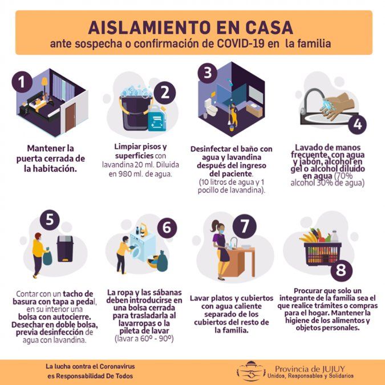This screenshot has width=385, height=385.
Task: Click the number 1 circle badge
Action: [x=22, y=82]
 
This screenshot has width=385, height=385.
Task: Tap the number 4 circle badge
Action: [x=357, y=124]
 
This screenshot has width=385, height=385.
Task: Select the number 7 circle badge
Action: [x=245, y=226]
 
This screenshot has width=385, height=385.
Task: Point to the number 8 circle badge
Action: [x=341, y=270]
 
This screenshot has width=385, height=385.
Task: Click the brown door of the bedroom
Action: [x=70, y=117]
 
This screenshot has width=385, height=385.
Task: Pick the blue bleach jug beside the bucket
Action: [x=157, y=118]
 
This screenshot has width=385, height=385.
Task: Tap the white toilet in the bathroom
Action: [x=211, y=107]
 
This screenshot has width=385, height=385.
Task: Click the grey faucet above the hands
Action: [x=311, y=100]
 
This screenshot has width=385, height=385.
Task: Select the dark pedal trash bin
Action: [x=65, y=249]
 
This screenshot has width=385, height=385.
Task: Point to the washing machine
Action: [x=143, y=246]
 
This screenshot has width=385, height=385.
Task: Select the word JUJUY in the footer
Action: [x=333, y=369]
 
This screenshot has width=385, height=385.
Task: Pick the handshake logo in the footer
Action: [x=251, y=371]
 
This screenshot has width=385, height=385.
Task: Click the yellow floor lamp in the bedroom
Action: [x=44, y=85]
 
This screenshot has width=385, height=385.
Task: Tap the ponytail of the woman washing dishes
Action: [x=213, y=226]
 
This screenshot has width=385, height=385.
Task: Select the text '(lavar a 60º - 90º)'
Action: [x=144, y=339]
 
